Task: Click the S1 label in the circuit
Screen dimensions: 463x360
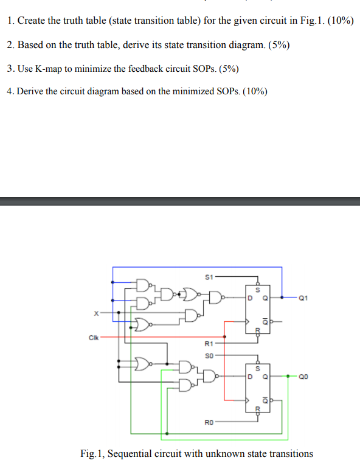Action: (207, 276)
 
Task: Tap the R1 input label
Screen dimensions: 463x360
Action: (207, 343)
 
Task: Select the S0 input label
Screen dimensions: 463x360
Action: (207, 353)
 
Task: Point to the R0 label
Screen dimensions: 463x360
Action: (207, 420)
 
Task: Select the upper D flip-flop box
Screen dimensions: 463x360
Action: (258, 308)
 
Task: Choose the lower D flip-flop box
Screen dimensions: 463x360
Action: (258, 386)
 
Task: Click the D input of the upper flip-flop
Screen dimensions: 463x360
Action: (248, 298)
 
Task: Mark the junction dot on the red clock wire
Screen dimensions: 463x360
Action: (226, 336)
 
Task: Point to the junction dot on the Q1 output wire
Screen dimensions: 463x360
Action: (282, 298)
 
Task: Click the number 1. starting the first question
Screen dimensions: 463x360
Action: (12, 21)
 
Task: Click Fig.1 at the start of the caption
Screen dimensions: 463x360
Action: (93, 453)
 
